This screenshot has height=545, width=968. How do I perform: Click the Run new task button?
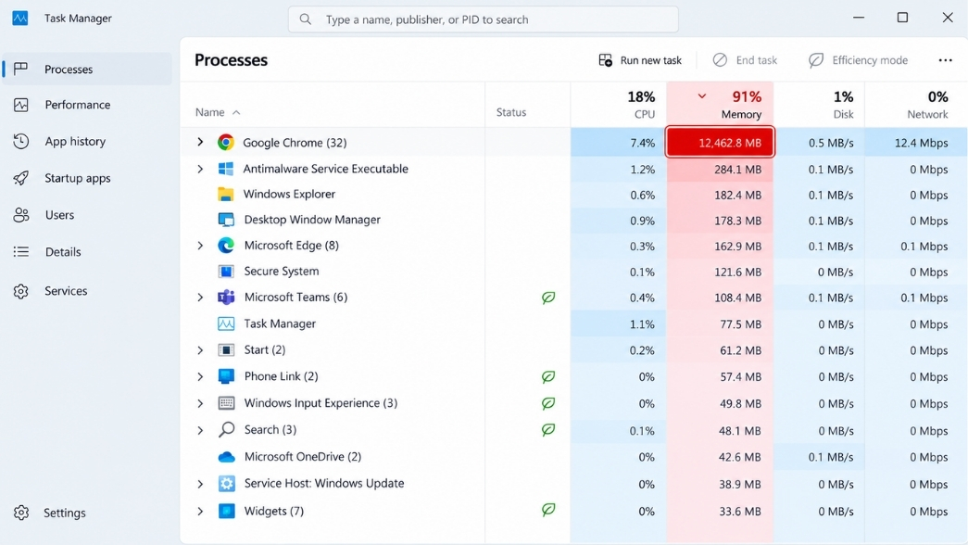pos(640,60)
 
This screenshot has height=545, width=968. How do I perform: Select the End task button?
pos(745,60)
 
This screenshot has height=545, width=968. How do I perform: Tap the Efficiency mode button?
pos(858,60)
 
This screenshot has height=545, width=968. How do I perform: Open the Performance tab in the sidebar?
pos(77,105)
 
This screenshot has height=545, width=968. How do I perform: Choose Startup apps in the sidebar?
pos(77,178)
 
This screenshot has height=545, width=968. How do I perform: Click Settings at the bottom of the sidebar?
pos(64,513)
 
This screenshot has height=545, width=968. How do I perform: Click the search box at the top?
pos(484,19)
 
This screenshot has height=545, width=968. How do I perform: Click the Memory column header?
pos(720,105)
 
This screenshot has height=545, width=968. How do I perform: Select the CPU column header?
pos(619,105)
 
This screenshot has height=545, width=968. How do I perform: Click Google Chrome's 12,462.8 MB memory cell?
pos(720,143)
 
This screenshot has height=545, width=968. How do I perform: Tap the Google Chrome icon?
pos(226,143)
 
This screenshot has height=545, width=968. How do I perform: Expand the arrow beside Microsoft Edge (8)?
pos(200,246)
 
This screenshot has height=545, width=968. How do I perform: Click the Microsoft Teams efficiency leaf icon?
pos(548,298)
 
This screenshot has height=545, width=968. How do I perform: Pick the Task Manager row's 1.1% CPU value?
pos(643,324)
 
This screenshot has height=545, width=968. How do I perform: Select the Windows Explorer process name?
pos(289,194)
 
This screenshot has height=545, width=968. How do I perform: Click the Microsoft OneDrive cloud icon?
pos(227,457)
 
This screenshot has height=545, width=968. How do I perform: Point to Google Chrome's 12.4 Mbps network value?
pos(921,144)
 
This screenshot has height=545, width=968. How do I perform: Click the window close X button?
pos(948,18)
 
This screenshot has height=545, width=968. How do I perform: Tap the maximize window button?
pos(902,18)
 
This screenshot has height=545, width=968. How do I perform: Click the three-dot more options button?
pos(945,60)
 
